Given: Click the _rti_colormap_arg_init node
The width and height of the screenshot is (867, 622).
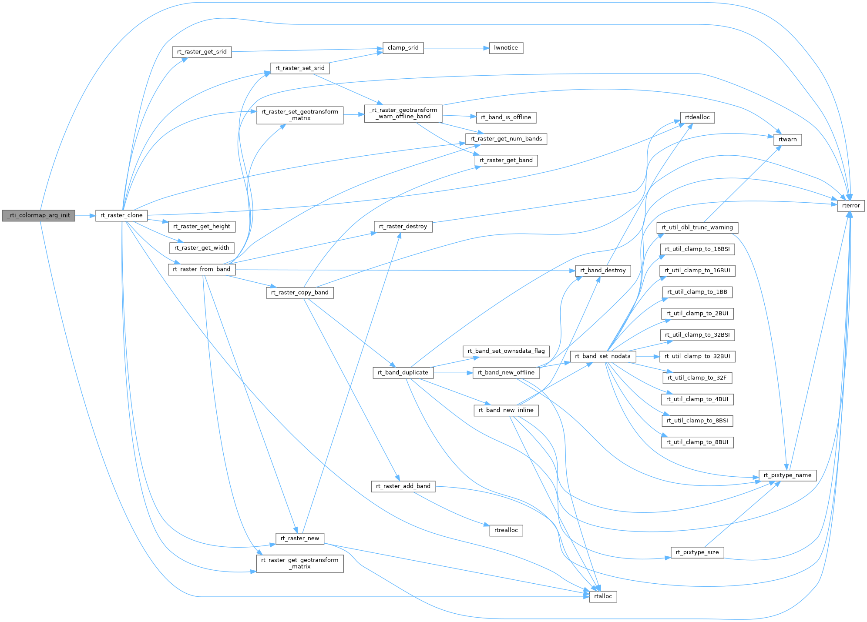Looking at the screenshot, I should pyautogui.click(x=39, y=215).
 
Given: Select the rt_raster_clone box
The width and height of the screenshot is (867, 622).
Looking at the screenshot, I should pyautogui.click(x=121, y=215).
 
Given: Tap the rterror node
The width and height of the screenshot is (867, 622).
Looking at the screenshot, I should pyautogui.click(x=851, y=206).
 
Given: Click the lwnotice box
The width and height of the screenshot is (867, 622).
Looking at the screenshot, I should pyautogui.click(x=506, y=48).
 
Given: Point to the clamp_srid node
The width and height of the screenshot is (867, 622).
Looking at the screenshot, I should pyautogui.click(x=403, y=48).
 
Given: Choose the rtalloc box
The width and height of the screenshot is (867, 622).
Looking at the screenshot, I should pyautogui.click(x=603, y=596).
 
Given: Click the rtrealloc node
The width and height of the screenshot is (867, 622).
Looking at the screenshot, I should pyautogui.click(x=506, y=530).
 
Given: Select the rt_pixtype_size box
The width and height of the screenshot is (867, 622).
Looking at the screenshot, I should pyautogui.click(x=697, y=552).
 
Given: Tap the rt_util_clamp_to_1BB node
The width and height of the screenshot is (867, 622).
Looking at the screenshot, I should pyautogui.click(x=697, y=292).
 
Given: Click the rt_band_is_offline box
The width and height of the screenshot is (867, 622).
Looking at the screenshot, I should pyautogui.click(x=506, y=117).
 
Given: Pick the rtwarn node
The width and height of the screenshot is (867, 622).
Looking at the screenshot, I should pyautogui.click(x=787, y=140).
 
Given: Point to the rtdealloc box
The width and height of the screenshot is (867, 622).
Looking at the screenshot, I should pyautogui.click(x=697, y=117).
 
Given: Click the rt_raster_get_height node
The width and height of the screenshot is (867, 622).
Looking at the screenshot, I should pyautogui.click(x=202, y=226).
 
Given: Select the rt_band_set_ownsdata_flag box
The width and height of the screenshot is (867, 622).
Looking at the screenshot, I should pyautogui.click(x=506, y=351).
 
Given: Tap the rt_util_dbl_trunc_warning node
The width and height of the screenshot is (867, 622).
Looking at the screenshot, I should pyautogui.click(x=697, y=227).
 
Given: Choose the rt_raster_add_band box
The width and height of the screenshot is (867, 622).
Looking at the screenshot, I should pyautogui.click(x=403, y=486).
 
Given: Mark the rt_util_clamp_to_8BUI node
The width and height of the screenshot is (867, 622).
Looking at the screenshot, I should pyautogui.click(x=697, y=442).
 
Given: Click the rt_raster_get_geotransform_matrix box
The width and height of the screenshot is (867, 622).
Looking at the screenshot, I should pyautogui.click(x=300, y=563).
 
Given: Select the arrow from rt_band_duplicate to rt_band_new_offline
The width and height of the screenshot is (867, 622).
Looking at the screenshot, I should pyautogui.click(x=453, y=373).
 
